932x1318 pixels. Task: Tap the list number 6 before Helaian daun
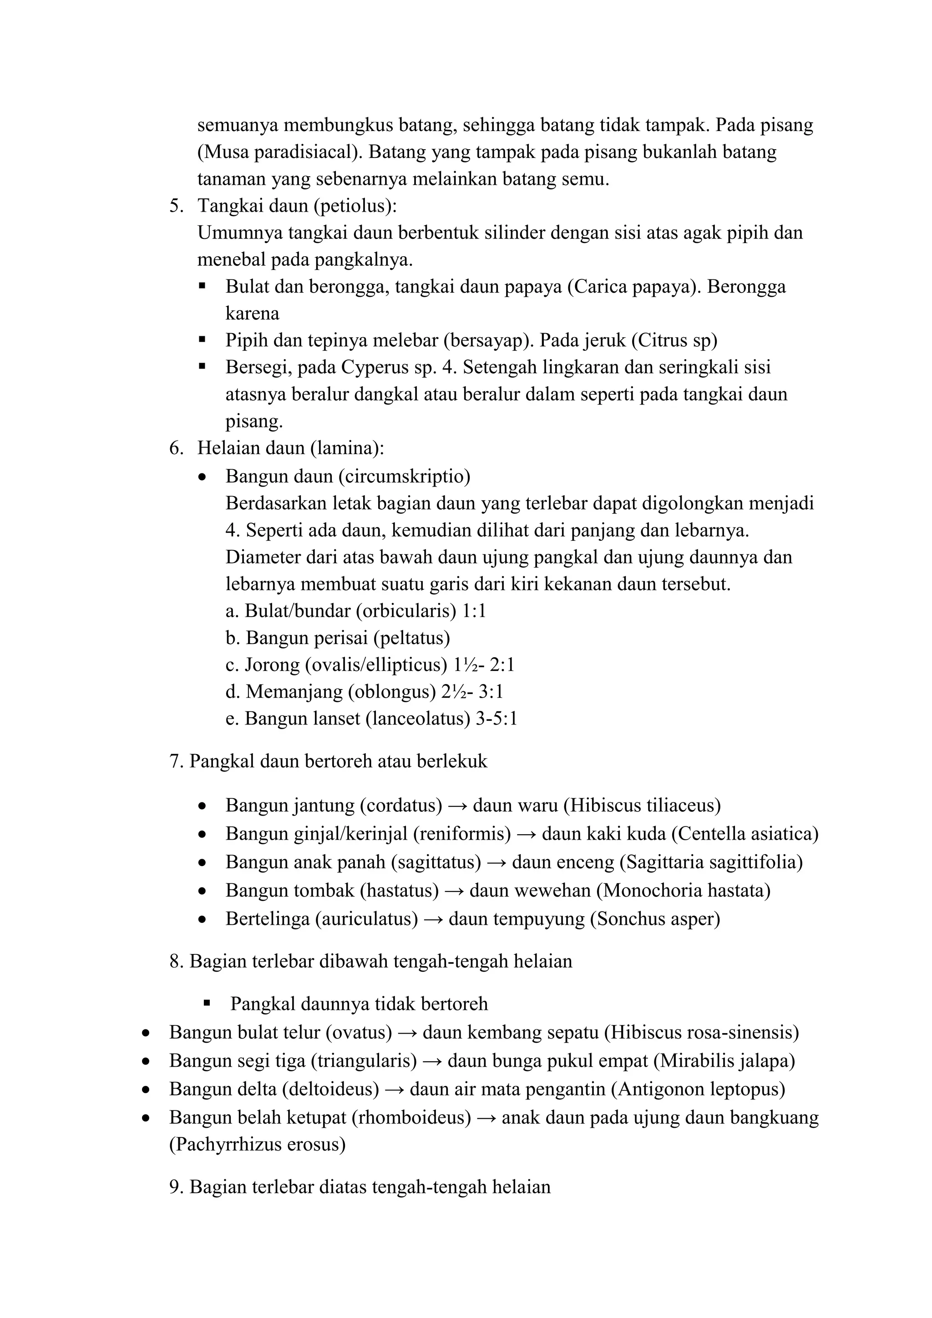(x=176, y=448)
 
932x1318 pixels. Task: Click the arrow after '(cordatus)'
(x=457, y=806)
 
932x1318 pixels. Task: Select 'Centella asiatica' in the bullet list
(x=745, y=833)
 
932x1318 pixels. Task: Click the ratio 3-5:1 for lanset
(x=496, y=719)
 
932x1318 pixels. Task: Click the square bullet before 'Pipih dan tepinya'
(x=202, y=340)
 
